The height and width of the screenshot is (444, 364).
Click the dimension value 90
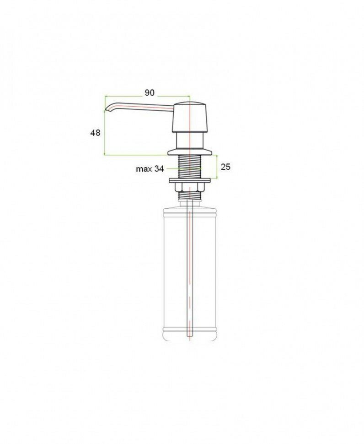(x=150, y=92)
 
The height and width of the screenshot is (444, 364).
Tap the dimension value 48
(x=95, y=133)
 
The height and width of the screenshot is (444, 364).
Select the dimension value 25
(x=225, y=167)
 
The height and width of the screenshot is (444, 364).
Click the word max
(x=144, y=169)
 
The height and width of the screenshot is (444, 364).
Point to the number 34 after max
(x=159, y=169)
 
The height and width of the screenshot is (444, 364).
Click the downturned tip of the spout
(x=106, y=109)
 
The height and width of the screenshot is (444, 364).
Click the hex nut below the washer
(x=189, y=187)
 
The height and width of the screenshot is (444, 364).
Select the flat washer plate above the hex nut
(x=189, y=180)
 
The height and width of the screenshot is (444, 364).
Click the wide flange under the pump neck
(x=190, y=152)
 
